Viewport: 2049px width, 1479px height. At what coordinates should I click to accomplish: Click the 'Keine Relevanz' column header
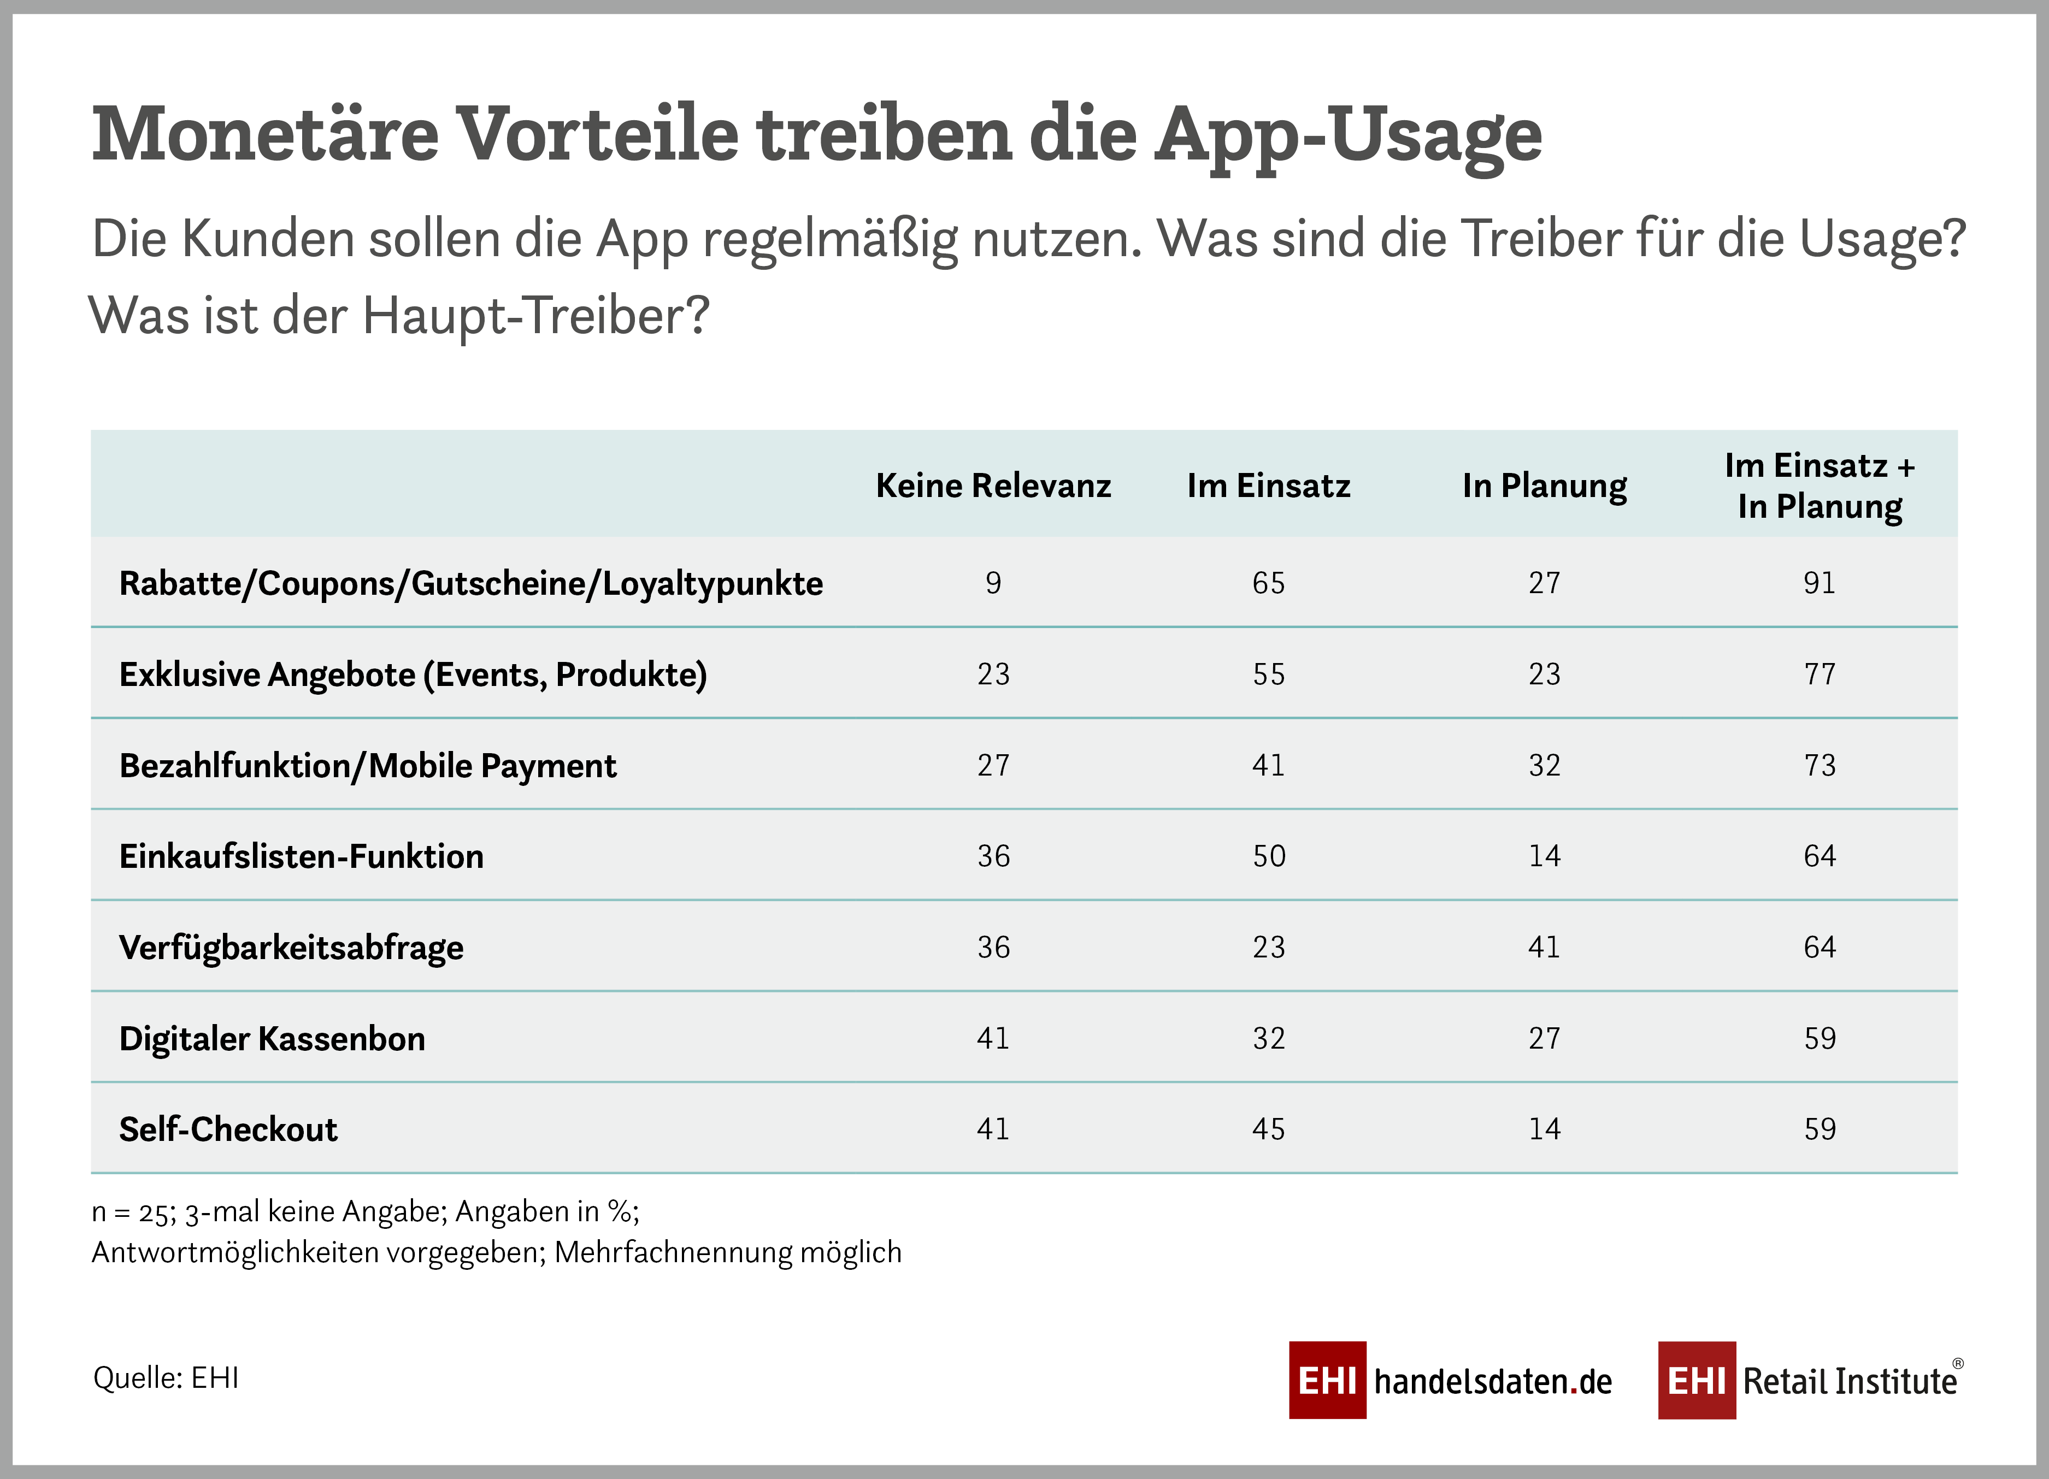993,486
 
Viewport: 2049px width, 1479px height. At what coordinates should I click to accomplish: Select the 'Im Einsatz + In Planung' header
1820,486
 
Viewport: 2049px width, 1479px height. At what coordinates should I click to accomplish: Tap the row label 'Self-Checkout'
228,1129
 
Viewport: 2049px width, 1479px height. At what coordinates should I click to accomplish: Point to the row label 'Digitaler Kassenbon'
272,1038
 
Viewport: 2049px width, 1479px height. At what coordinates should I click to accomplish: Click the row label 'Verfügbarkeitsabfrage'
291,947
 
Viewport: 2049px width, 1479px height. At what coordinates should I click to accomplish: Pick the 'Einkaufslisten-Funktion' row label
301,856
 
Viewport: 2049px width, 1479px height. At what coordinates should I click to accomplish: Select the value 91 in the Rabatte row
1820,583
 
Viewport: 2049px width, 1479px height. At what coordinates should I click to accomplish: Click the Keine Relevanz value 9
993,583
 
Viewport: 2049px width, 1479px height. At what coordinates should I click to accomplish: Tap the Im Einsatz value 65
1268,583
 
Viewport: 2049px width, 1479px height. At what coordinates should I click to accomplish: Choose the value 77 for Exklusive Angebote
1820,675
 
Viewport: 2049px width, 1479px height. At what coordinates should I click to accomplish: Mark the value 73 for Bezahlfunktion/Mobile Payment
1820,766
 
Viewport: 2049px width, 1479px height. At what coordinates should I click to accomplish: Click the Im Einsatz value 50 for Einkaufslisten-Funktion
1268,856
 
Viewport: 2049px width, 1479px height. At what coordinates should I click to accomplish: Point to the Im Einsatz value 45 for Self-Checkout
1268,1129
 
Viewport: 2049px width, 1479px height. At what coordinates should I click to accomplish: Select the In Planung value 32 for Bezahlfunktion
1544,766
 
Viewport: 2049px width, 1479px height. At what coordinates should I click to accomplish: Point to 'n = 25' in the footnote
129,1212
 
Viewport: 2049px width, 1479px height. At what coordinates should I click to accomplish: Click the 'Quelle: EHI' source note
166,1378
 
